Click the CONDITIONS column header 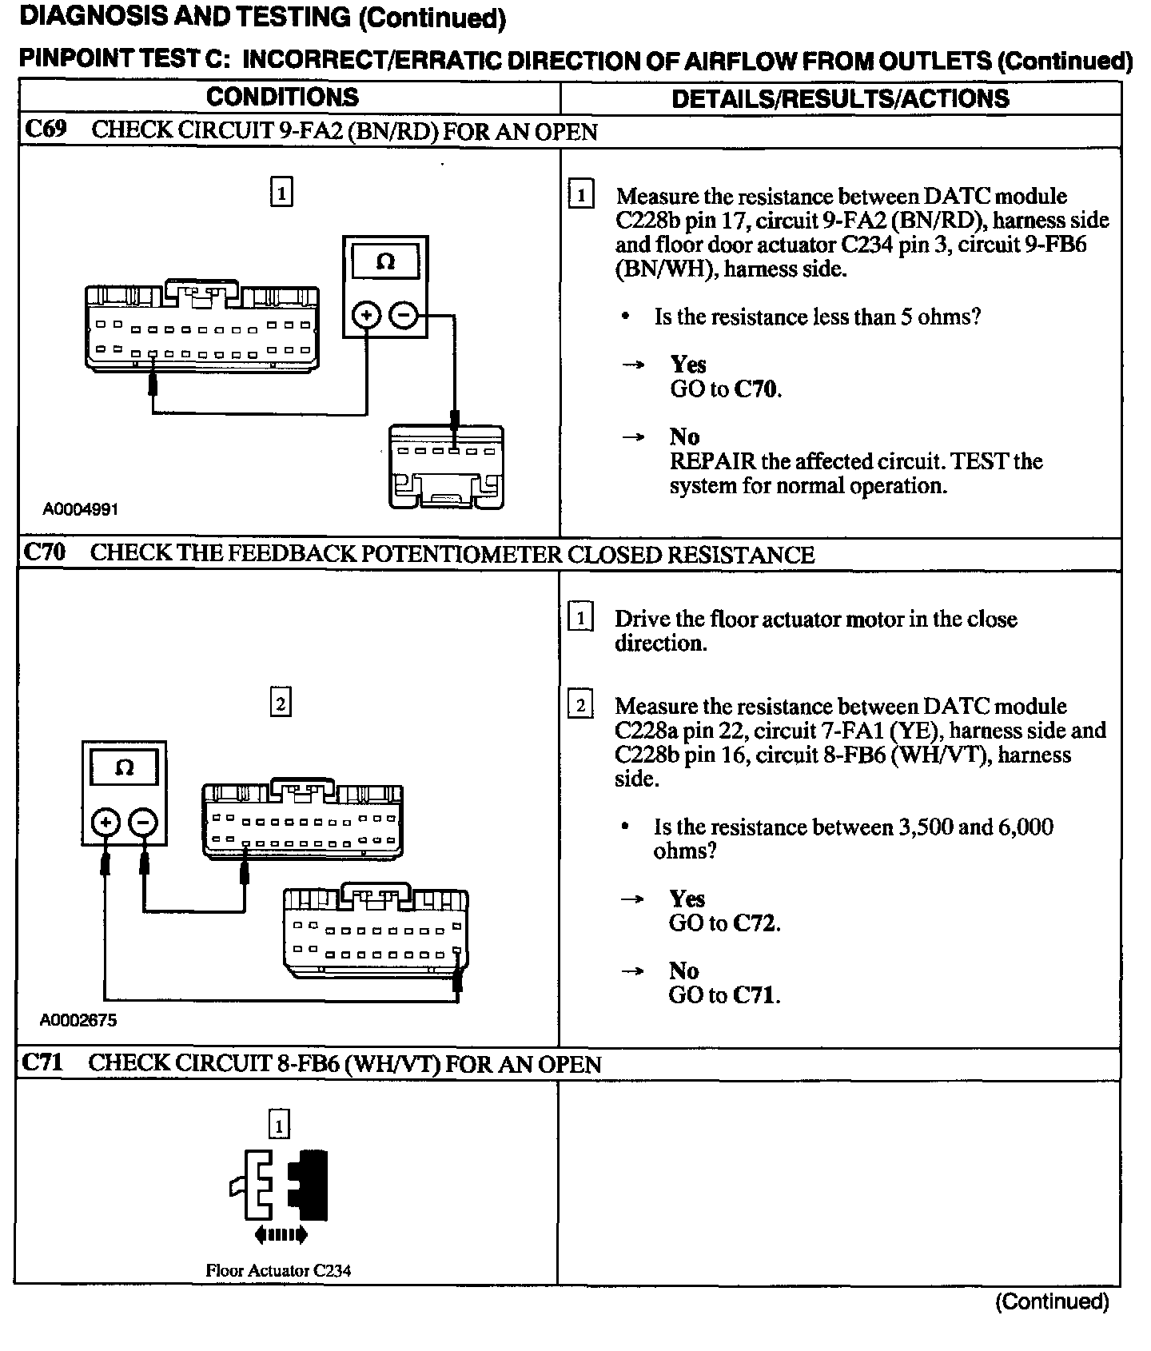(282, 98)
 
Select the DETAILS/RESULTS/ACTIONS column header (840, 98)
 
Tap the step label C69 (46, 130)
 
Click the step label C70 (45, 553)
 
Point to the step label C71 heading (43, 1062)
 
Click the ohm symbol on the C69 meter (385, 262)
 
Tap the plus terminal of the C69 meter (367, 316)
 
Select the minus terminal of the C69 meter (403, 316)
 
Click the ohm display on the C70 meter (124, 768)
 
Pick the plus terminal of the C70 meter (106, 821)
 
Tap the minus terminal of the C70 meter (143, 821)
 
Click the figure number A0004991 (81, 509)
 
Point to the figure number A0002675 (78, 1019)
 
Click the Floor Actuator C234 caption (278, 1269)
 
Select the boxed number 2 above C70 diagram (280, 703)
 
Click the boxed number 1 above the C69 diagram (281, 193)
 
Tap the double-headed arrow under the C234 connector (280, 1235)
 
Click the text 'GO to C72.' (724, 923)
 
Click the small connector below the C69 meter (446, 468)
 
